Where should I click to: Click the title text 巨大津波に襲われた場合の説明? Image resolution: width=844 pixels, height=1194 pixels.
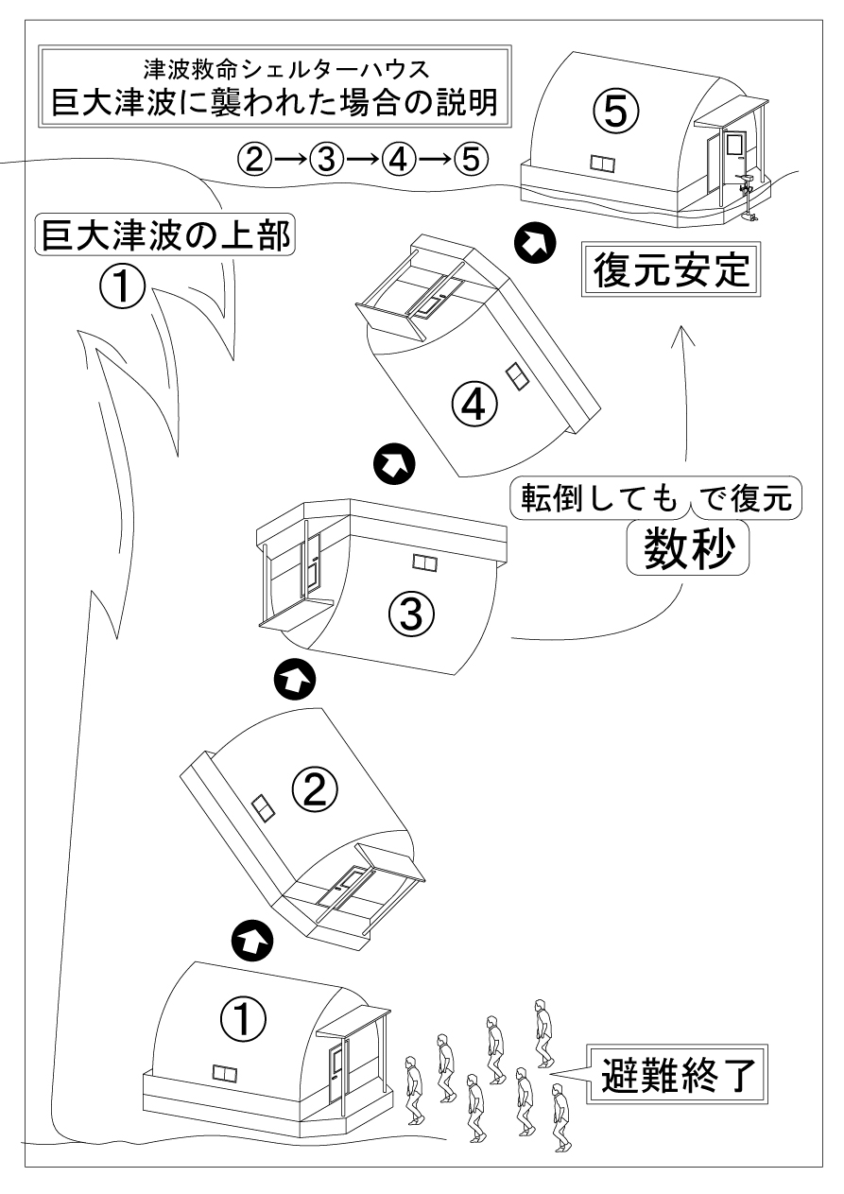273,102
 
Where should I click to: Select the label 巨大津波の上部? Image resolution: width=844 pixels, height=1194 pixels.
164,233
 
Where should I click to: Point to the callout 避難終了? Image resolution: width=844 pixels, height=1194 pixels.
677,1077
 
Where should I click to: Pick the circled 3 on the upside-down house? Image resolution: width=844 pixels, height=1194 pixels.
411,616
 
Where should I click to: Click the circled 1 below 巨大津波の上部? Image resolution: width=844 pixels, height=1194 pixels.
123,286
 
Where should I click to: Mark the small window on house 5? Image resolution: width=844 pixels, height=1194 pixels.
601,164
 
